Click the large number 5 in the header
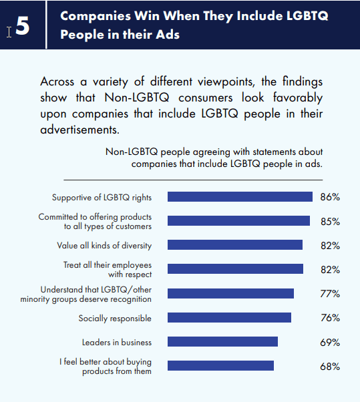tap(23, 25)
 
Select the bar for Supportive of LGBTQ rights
tap(240, 196)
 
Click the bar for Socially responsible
tap(229, 317)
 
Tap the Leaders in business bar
tap(222, 341)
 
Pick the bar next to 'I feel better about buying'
tap(220, 365)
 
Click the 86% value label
tap(330, 197)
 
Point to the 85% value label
tap(330, 221)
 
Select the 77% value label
tap(330, 294)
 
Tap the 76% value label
tap(330, 318)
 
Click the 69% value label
tap(330, 343)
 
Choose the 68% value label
tap(330, 367)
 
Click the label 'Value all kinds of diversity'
tap(104, 246)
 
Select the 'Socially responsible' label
tap(115, 319)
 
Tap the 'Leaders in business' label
tap(117, 343)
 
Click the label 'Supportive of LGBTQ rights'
tap(102, 198)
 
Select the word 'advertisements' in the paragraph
tap(79, 130)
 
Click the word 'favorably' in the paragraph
tap(298, 97)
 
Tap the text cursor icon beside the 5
tap(9, 32)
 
